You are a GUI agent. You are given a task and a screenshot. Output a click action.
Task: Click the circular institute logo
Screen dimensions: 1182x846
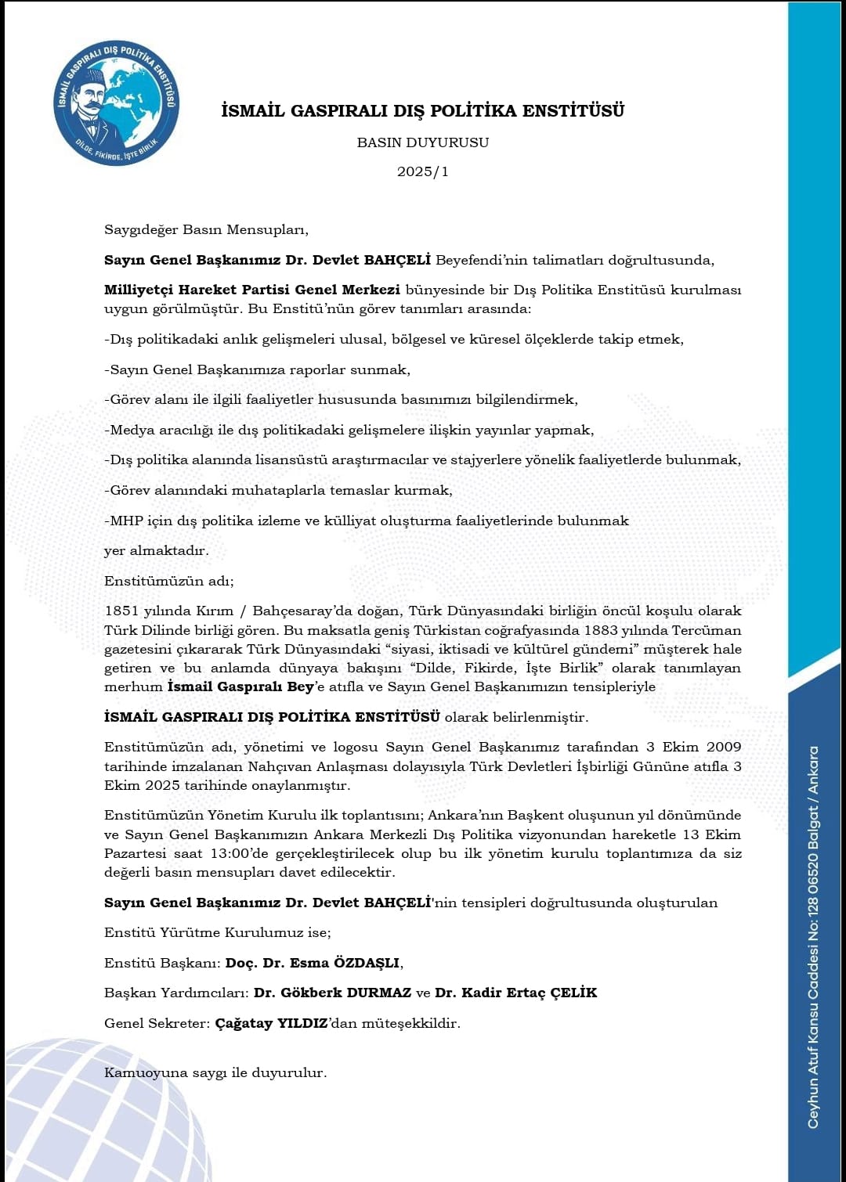116,103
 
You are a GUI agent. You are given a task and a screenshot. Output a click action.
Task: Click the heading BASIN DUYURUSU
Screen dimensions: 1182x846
422,142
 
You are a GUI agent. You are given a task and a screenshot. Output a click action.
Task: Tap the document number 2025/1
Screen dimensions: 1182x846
422,171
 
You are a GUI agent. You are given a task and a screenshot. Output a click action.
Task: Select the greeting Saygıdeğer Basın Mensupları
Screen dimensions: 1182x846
206,229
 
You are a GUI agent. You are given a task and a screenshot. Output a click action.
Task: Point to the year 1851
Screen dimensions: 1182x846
121,611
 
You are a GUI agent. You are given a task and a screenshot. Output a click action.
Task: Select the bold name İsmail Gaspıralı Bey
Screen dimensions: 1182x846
240,686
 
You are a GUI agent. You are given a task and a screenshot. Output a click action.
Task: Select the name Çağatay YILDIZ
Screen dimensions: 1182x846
271,1023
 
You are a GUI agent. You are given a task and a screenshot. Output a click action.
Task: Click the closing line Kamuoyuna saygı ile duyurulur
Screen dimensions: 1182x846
215,1072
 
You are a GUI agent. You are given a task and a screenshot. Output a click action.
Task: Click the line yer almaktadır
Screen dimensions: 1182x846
157,550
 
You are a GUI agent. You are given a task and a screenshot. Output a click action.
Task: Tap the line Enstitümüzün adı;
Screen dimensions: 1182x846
169,581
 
